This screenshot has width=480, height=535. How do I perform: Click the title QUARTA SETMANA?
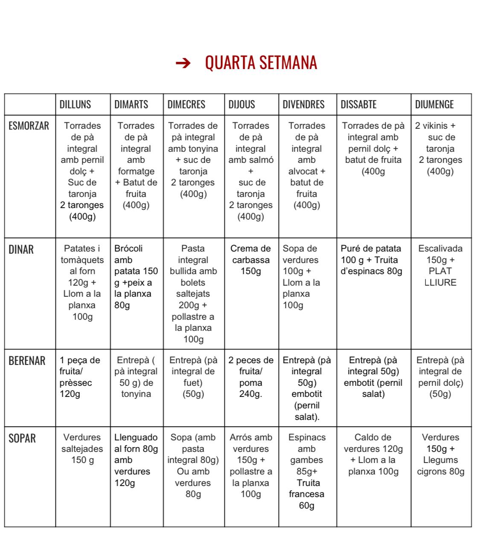click(x=261, y=63)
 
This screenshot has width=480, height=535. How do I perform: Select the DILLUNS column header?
click(x=75, y=104)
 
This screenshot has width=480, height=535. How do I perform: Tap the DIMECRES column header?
click(x=186, y=104)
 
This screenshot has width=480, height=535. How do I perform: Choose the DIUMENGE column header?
click(x=434, y=104)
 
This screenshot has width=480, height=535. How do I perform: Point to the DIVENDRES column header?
click(x=303, y=104)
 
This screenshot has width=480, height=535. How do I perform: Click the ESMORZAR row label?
click(x=29, y=126)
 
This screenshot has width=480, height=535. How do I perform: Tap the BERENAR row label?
click(x=27, y=361)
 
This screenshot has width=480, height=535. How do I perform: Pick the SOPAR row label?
click(x=22, y=438)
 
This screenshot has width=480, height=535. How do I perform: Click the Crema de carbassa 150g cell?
click(x=250, y=260)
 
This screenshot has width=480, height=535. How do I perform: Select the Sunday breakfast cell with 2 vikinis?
click(x=440, y=148)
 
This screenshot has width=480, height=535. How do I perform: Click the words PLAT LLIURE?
click(x=440, y=277)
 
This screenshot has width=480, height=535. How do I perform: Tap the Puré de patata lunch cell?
click(x=371, y=260)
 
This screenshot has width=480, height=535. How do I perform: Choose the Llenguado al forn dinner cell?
click(x=136, y=460)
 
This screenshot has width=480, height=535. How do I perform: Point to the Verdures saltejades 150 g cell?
click(x=82, y=448)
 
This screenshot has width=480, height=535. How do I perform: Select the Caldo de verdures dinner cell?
click(x=373, y=454)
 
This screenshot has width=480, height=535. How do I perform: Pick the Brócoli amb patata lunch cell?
click(x=136, y=277)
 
